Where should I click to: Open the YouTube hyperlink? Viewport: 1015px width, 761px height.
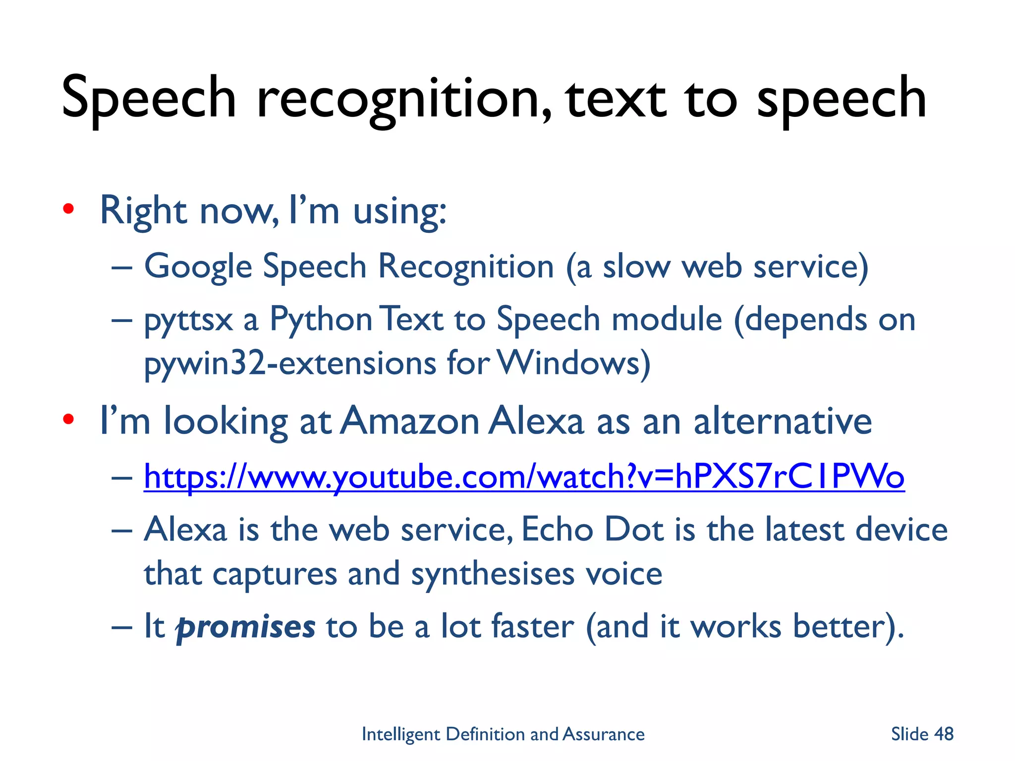tap(524, 477)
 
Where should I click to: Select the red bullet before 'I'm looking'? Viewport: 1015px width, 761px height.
tap(68, 420)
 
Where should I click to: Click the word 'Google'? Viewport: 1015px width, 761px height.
tap(198, 267)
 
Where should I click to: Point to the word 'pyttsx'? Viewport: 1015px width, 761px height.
tap(188, 320)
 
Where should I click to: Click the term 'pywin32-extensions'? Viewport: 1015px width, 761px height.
tap(289, 363)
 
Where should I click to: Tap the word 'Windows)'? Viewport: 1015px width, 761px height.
tap(573, 363)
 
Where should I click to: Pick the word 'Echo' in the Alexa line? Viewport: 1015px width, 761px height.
tap(557, 530)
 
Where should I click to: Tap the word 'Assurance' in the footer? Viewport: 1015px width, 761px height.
tap(604, 734)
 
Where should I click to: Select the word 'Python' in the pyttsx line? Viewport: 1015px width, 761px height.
tap(321, 320)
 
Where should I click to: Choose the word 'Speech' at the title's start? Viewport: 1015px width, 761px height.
tap(149, 99)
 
